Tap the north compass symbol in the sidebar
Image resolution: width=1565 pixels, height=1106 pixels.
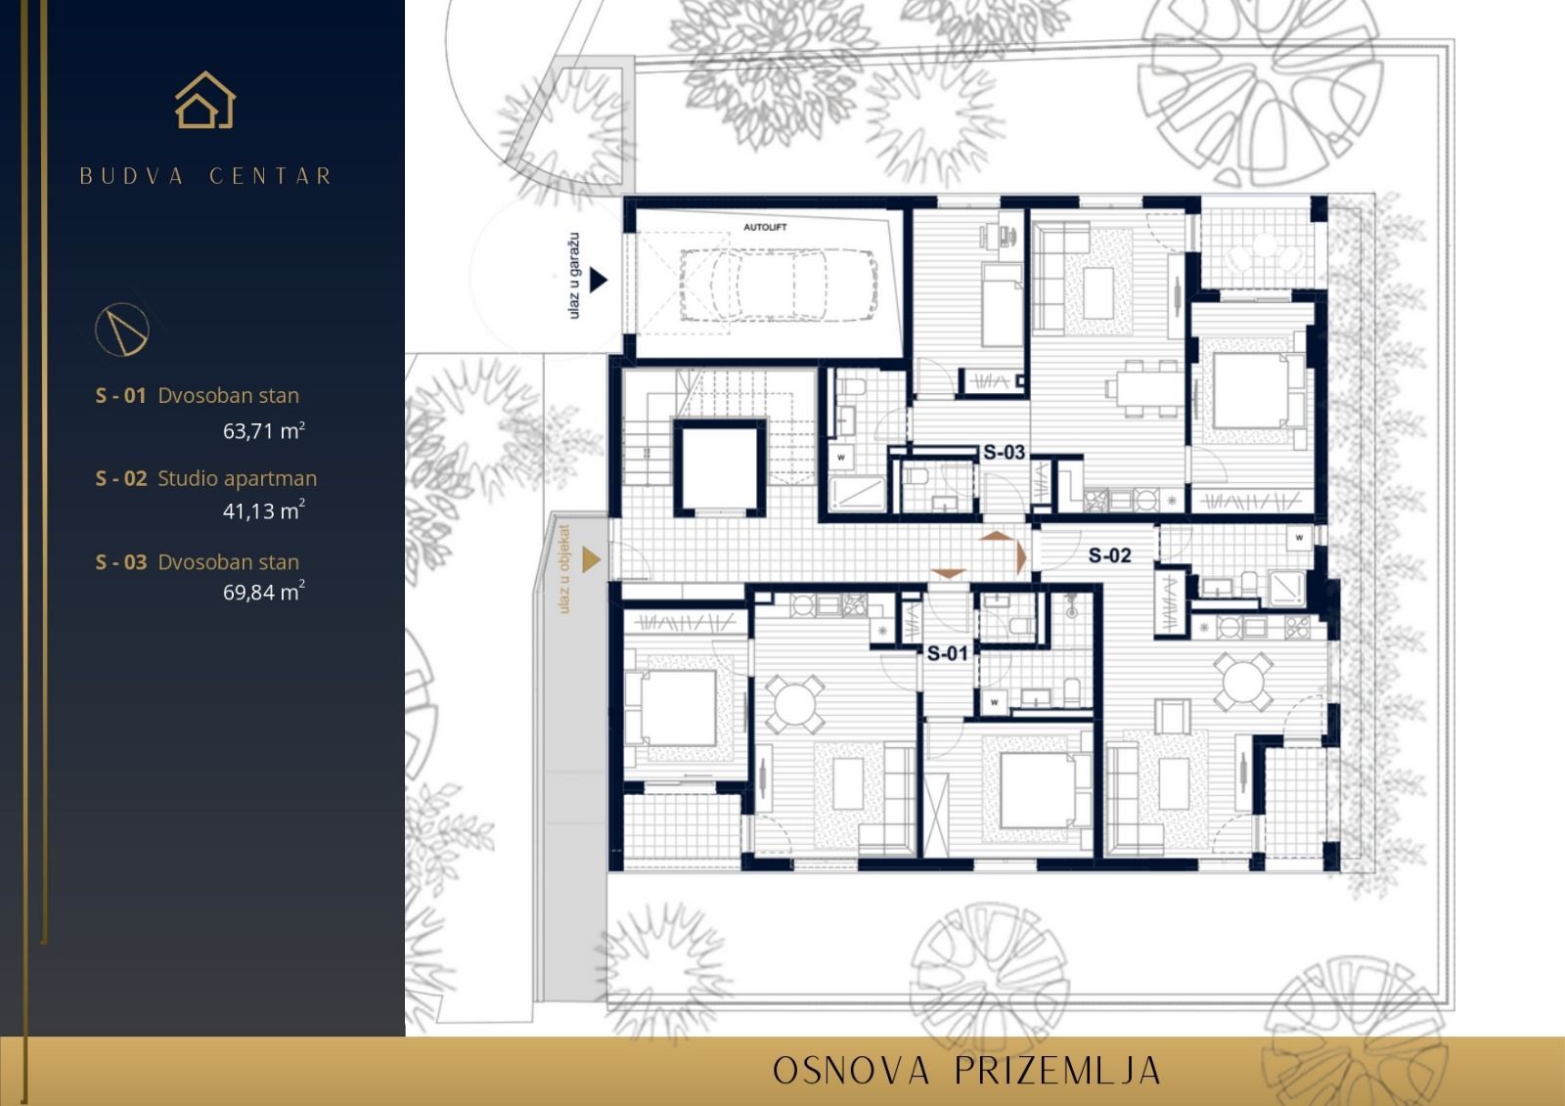click(x=122, y=329)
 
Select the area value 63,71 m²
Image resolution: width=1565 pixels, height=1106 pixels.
click(x=264, y=430)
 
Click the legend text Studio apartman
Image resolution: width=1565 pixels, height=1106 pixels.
click(x=238, y=478)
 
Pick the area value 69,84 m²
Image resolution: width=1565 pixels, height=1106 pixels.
click(x=264, y=592)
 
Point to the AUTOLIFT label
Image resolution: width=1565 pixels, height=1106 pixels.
click(x=765, y=227)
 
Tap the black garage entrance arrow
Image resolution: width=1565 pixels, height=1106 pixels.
click(x=598, y=281)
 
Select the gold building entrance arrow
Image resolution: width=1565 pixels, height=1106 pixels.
click(x=590, y=560)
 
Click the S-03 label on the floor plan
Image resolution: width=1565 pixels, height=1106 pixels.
click(x=1004, y=452)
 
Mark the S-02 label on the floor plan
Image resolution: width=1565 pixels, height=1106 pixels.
click(x=1110, y=555)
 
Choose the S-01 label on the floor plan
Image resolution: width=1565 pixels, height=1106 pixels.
click(x=947, y=653)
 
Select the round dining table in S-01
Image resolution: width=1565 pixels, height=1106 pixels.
click(x=793, y=703)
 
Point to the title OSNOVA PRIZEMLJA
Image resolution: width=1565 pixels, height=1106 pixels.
click(x=966, y=1071)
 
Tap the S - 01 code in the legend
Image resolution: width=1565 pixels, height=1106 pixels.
click(x=120, y=396)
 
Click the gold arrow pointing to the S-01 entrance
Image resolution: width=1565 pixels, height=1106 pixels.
click(x=948, y=574)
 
